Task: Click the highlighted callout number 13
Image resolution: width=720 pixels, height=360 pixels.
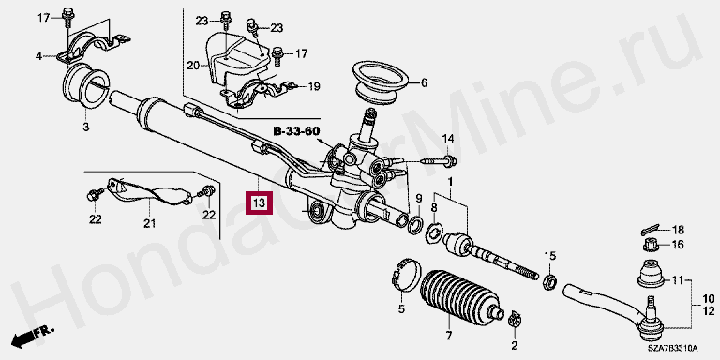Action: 260,202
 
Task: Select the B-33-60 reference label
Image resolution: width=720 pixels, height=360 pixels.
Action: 296,131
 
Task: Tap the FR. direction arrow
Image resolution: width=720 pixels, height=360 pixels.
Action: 32,337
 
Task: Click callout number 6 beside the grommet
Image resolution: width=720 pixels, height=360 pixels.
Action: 424,83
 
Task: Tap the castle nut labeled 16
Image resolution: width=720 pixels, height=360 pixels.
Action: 651,246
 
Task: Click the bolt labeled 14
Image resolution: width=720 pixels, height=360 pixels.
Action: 437,161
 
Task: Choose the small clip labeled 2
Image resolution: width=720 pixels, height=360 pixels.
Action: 514,319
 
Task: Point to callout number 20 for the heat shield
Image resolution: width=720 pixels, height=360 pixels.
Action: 193,67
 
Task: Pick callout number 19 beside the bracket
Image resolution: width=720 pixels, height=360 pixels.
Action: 314,86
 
